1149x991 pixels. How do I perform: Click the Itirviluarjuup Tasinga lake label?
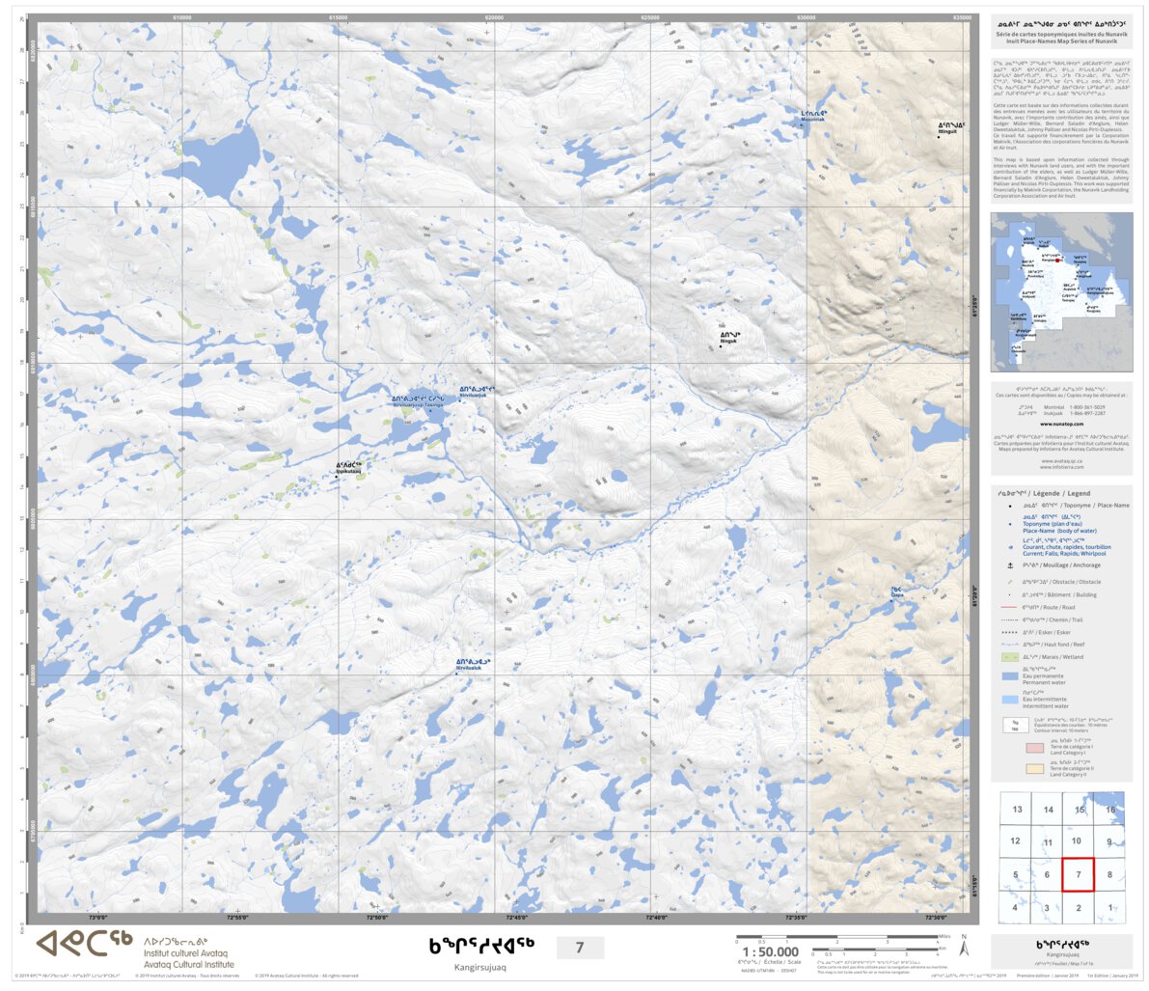coord(417,402)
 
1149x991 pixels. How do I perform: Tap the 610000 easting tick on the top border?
coord(181,17)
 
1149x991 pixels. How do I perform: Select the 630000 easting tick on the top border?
coord(806,17)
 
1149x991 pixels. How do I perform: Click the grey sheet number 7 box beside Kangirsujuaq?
coord(580,948)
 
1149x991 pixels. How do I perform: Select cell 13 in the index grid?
coord(1017,810)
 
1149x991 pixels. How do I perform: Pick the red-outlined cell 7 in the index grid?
coord(1078,874)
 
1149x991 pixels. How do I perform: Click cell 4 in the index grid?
coord(1015,908)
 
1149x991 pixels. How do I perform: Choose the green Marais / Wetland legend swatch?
coord(1009,657)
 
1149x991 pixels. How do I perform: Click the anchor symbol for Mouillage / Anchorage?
coord(1009,565)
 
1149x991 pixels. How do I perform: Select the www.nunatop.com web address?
coord(1061,424)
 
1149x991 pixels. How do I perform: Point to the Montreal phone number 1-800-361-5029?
coord(1086,407)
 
